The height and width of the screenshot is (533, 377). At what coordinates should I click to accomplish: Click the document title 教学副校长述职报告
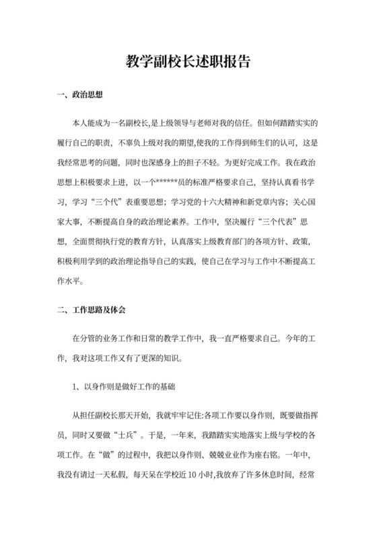188,63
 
